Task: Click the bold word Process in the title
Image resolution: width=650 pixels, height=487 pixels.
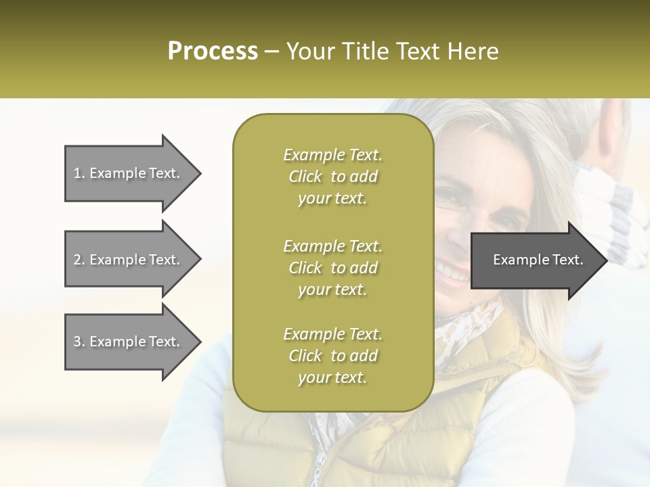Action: [x=213, y=51]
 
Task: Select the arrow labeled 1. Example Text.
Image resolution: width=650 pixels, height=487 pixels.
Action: [x=129, y=173]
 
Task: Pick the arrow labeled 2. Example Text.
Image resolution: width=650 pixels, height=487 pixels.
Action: [x=129, y=260]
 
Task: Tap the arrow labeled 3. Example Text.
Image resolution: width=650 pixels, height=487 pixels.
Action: [x=129, y=342]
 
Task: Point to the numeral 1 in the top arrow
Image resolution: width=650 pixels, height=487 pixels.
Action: [x=77, y=173]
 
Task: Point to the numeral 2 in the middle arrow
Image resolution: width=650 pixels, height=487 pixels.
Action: [x=77, y=260]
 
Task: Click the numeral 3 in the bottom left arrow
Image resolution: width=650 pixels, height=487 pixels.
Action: [x=77, y=342]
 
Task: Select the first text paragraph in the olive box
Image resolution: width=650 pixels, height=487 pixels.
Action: [x=332, y=177]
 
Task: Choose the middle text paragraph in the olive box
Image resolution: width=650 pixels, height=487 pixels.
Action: [x=332, y=268]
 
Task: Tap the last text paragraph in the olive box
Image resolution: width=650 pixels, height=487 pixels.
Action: [x=332, y=356]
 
